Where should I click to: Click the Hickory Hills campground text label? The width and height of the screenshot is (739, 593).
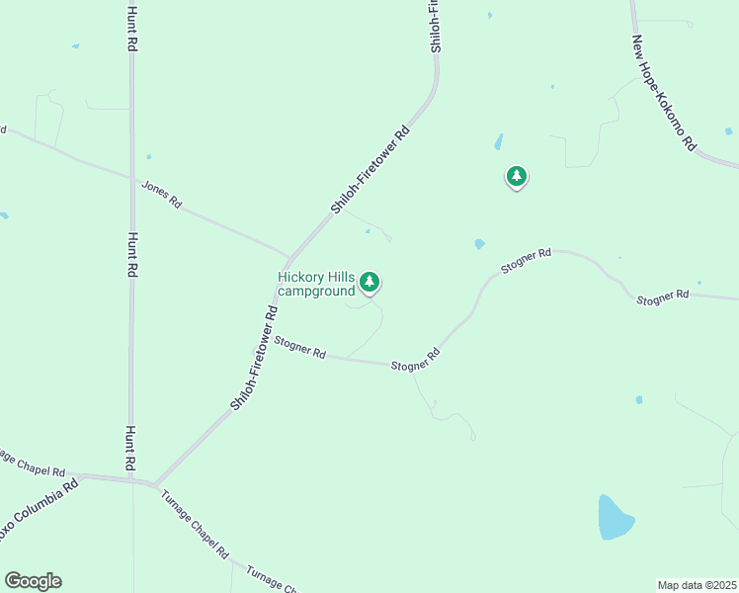click(x=316, y=284)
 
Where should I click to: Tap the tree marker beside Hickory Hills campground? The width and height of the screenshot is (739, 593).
click(x=369, y=282)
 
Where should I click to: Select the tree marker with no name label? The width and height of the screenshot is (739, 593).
click(x=516, y=177)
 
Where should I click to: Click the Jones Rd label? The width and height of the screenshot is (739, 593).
click(x=162, y=193)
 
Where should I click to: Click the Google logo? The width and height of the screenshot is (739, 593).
click(x=33, y=581)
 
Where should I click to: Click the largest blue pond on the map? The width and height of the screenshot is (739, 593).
click(x=615, y=517)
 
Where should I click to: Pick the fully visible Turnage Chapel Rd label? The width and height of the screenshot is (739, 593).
click(x=195, y=524)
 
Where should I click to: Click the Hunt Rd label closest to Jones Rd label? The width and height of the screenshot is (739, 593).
click(x=131, y=256)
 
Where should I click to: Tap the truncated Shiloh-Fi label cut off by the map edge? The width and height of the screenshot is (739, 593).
click(x=435, y=26)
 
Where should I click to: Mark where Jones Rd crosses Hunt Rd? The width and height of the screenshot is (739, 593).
click(x=131, y=179)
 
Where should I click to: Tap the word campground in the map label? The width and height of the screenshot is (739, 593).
click(x=316, y=292)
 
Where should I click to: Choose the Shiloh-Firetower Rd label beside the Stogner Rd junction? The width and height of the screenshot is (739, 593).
click(x=255, y=357)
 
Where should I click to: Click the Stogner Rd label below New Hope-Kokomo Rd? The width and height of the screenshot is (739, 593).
click(x=662, y=296)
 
